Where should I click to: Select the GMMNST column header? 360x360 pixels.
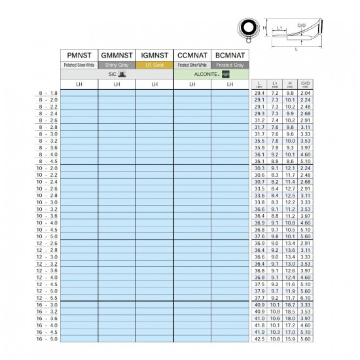(x=117, y=56)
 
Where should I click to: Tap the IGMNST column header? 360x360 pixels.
(x=154, y=56)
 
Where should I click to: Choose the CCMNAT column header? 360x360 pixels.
(x=192, y=56)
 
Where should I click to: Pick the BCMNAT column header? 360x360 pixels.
(x=230, y=56)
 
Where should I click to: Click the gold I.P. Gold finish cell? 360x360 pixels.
(x=154, y=65)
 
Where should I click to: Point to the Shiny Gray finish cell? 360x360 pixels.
(x=117, y=65)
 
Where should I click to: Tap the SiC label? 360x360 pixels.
(x=117, y=75)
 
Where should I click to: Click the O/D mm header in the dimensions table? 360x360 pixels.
(x=305, y=84)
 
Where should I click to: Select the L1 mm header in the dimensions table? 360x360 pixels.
(x=276, y=84)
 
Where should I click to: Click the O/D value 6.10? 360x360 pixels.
(x=305, y=298)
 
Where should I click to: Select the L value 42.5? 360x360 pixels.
(x=260, y=339)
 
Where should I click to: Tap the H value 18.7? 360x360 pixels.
(x=291, y=305)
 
